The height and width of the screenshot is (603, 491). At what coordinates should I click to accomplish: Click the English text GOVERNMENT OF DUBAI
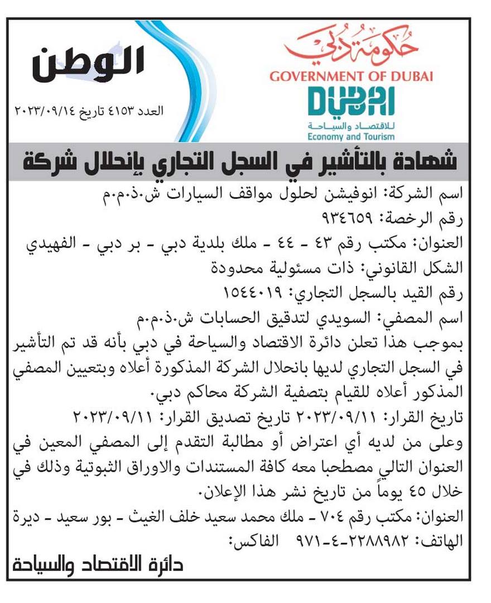[351, 76]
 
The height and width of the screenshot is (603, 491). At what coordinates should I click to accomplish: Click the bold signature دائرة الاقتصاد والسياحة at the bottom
[97, 564]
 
